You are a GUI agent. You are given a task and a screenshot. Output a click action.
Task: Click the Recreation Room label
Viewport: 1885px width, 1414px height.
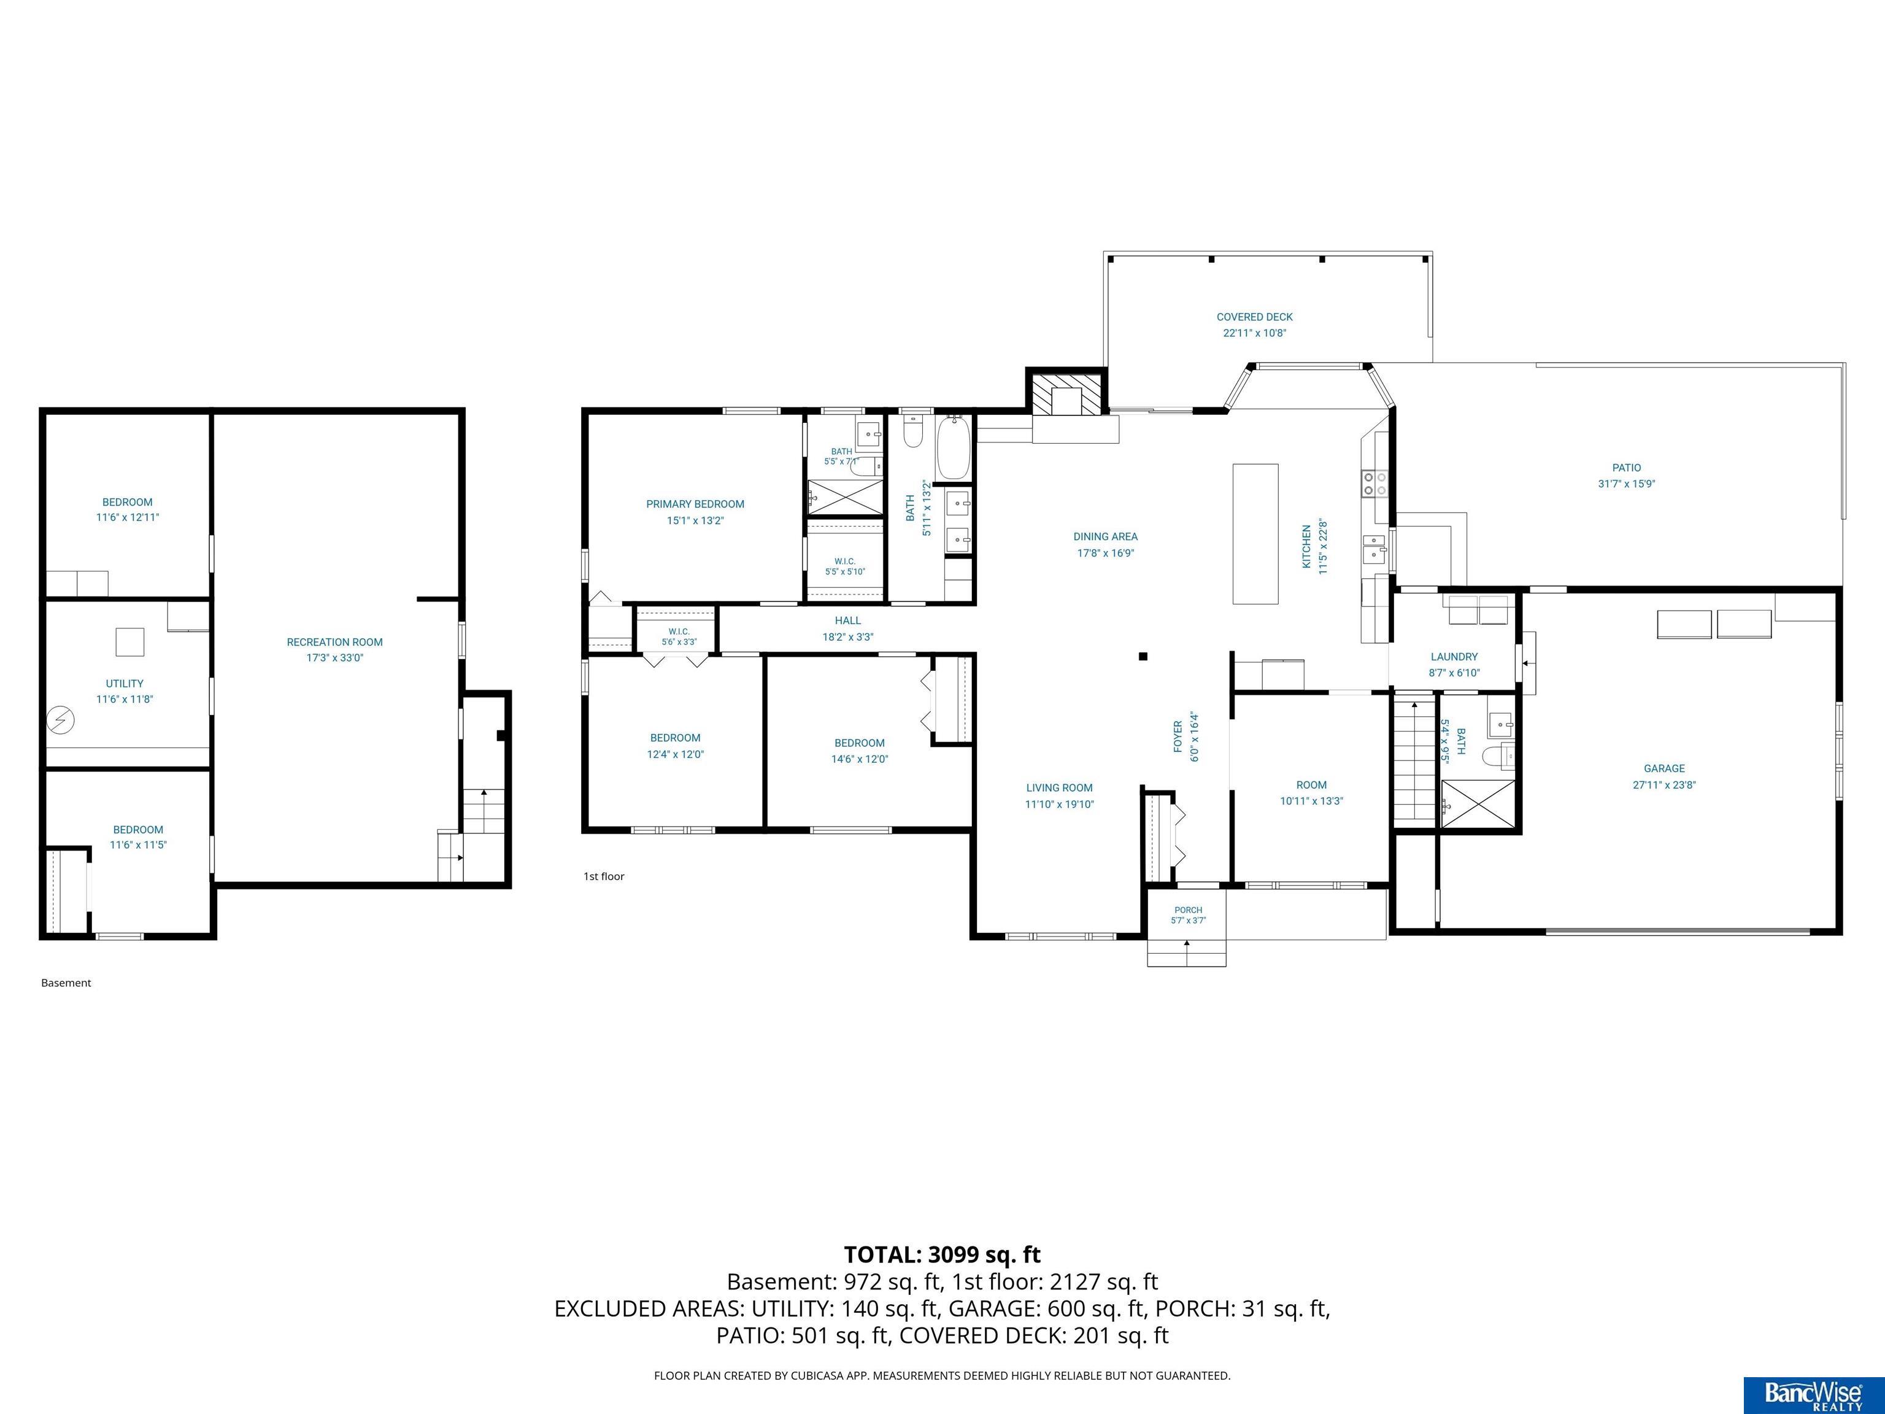coord(335,642)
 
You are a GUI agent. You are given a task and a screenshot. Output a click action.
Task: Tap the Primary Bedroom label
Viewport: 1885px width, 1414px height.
coord(695,504)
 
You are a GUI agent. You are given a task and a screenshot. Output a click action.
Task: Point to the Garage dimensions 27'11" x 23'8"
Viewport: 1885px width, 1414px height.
coord(1664,785)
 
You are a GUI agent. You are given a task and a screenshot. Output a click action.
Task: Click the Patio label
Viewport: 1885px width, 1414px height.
coord(1627,468)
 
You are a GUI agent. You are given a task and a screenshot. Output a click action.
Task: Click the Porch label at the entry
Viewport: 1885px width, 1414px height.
coord(1188,910)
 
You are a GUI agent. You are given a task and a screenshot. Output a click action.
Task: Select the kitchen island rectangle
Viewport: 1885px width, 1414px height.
coord(1256,533)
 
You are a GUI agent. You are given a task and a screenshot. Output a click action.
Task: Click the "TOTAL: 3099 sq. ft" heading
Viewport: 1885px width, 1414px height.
coord(942,1254)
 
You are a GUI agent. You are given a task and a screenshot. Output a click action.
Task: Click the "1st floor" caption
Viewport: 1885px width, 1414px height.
coord(604,876)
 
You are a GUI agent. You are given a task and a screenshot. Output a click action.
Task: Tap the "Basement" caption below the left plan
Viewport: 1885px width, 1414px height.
coord(66,983)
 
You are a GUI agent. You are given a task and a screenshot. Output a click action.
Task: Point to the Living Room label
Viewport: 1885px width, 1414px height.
coord(1059,787)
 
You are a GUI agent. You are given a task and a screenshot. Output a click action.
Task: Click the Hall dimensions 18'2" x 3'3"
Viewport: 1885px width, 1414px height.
coord(848,636)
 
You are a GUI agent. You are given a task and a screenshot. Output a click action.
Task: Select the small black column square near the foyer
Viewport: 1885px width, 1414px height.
coord(1144,656)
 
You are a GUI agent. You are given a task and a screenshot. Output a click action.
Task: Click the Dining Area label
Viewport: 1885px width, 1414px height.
coord(1105,537)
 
